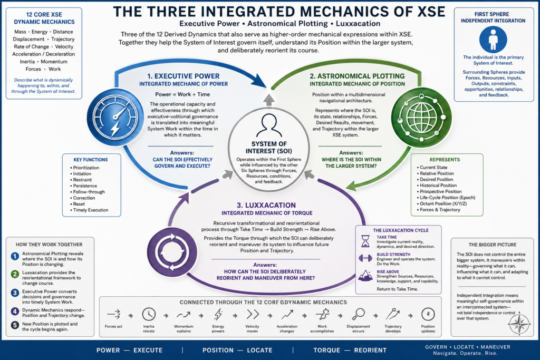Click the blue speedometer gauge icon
(115, 118)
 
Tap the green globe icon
(421, 117)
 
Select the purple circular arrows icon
(172, 252)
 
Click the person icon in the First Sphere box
(493, 40)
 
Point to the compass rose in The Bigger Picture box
(519, 324)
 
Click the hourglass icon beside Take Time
(365, 241)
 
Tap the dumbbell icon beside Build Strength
(365, 258)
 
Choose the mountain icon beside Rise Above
(365, 276)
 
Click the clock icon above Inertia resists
(149, 314)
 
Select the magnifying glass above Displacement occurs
(358, 314)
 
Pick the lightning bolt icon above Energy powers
(218, 314)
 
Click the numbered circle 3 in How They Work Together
(15, 293)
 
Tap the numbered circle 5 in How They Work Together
(15, 325)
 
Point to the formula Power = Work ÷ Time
(182, 94)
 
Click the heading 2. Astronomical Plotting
(357, 76)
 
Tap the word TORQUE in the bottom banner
(327, 350)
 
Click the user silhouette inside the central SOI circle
(268, 126)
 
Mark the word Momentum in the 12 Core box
(54, 62)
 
